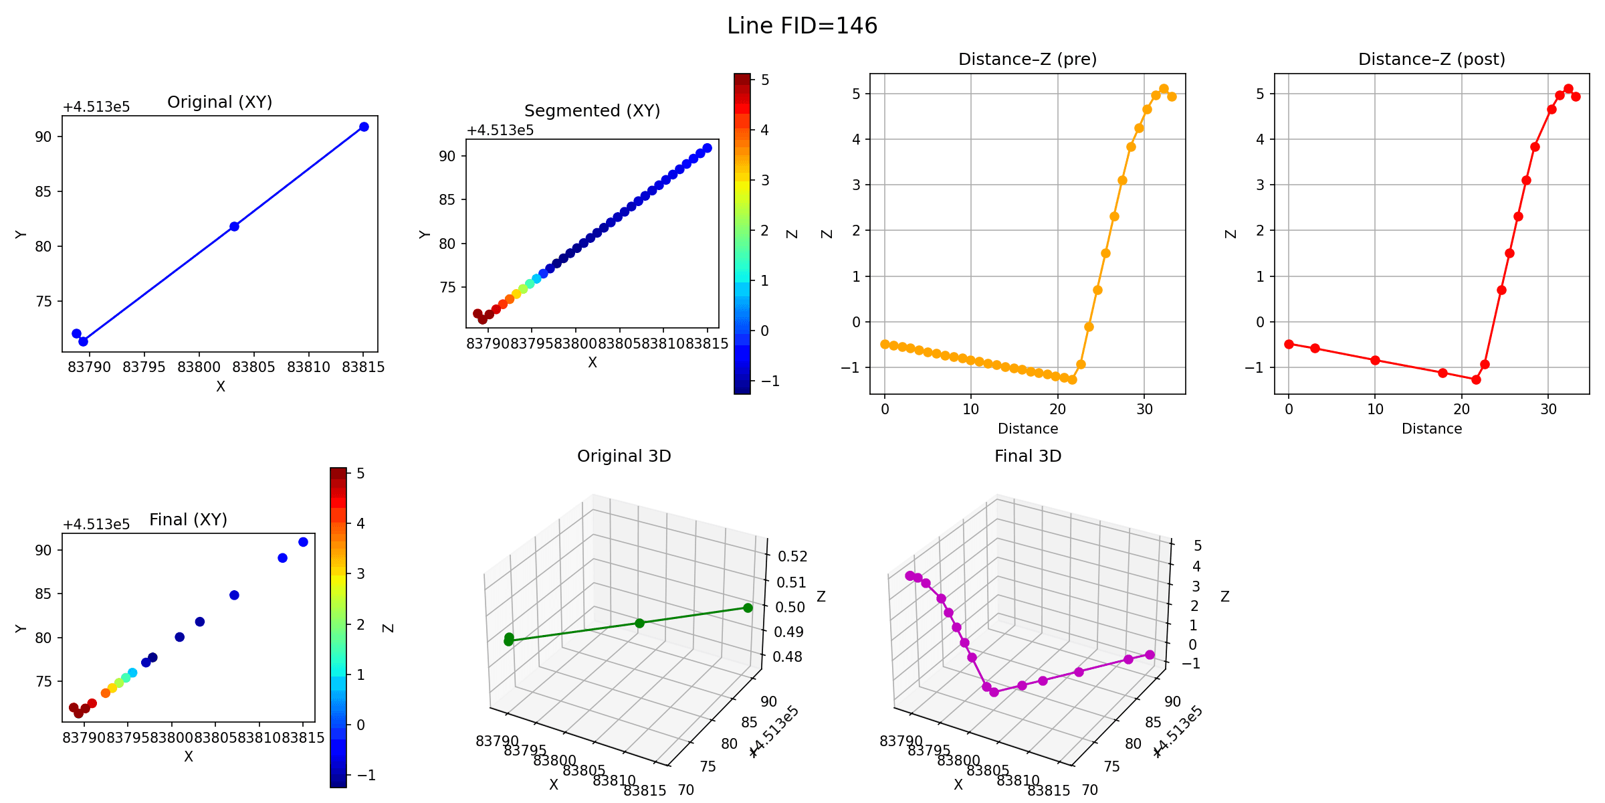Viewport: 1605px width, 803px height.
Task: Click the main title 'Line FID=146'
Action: (x=802, y=26)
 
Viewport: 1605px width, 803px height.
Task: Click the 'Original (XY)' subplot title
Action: (x=219, y=102)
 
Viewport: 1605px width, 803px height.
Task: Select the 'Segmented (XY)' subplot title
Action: (x=592, y=110)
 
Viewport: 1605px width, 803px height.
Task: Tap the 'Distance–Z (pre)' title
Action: (x=1027, y=60)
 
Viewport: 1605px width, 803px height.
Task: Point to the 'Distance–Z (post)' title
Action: (x=1431, y=60)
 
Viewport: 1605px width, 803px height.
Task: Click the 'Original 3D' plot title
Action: (x=624, y=456)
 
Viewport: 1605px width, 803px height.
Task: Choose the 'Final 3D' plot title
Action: (x=1028, y=456)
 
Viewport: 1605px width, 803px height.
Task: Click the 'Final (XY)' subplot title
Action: (x=188, y=519)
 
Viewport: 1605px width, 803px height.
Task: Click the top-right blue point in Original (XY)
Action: (x=364, y=127)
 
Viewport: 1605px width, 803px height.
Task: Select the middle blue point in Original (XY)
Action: (x=234, y=226)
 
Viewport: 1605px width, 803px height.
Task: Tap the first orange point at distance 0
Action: (x=885, y=344)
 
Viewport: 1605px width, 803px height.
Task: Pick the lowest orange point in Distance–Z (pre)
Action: (x=1072, y=379)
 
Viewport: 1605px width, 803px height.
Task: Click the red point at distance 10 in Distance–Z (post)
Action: (x=1375, y=360)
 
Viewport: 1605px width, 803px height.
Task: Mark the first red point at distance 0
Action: (x=1289, y=344)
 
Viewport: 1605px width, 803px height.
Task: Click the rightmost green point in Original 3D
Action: (x=748, y=608)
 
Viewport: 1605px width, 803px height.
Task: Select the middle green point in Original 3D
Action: (x=639, y=623)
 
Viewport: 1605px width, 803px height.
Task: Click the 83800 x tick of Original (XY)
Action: (x=199, y=367)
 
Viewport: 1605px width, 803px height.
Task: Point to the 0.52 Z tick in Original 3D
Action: (x=792, y=557)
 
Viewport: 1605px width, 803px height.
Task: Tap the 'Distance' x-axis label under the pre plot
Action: (x=1027, y=429)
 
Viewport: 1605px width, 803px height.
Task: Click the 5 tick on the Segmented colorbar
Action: (x=765, y=80)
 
